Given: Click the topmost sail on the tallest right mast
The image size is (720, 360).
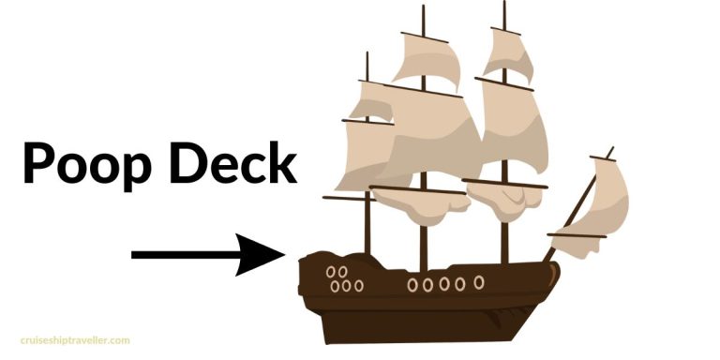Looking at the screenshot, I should point(512,57).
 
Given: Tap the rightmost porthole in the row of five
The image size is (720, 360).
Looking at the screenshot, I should point(479,281).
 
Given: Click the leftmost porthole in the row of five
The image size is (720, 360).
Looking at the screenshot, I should point(412,283).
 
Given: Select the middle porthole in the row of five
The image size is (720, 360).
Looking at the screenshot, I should point(444,283).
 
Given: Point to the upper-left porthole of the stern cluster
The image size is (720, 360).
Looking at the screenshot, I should point(331,272).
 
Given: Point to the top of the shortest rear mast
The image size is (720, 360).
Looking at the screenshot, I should point(367,53).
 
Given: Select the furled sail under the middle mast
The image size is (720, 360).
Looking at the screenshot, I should point(417,202).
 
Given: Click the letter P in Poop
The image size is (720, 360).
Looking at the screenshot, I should point(39,163).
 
